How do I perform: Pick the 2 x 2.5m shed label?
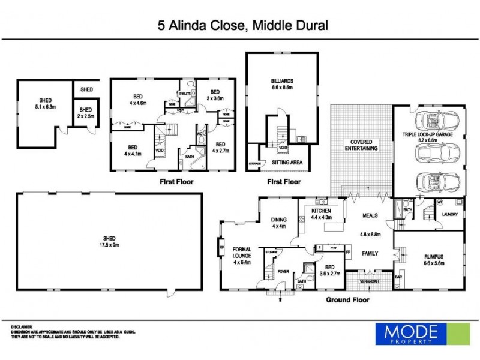[86, 113]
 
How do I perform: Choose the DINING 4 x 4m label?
[278, 223]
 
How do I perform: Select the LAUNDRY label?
[449, 215]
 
